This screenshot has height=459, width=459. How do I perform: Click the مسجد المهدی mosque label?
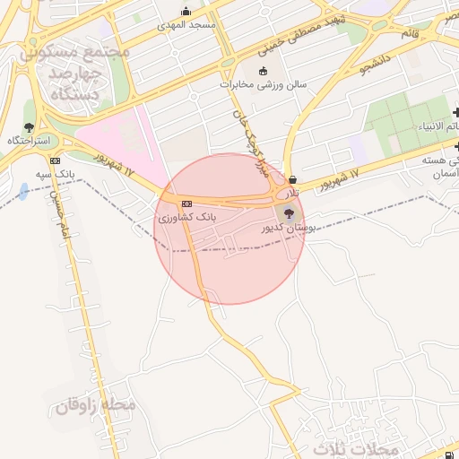pos(189,24)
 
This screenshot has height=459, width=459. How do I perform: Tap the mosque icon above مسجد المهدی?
pos(186,12)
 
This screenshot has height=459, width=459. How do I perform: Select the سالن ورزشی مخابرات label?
pos(264,85)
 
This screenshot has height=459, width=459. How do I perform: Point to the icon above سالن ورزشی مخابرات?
pos(263,72)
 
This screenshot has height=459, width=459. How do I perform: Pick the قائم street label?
pos(410,34)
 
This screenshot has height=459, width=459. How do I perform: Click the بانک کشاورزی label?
pos(186,218)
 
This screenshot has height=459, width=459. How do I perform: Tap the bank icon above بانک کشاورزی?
pos(186,204)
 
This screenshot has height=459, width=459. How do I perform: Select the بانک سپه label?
pos(55,173)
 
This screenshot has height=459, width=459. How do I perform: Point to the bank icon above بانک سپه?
pos(56,161)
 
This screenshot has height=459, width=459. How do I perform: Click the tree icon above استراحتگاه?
pos(29,127)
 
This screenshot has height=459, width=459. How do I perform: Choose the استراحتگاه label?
pos(29,142)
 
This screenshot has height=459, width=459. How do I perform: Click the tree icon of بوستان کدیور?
pos(288,214)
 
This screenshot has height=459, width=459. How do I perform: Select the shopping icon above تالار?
pos(293,179)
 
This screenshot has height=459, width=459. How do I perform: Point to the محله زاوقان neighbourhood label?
pos(96,405)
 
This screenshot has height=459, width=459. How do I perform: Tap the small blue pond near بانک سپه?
pos(22,191)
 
